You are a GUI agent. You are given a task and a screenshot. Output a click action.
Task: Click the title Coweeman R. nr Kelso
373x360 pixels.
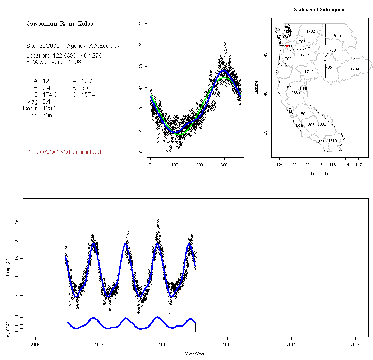[60, 24]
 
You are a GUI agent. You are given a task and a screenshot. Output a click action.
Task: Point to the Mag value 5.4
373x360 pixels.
[46, 101]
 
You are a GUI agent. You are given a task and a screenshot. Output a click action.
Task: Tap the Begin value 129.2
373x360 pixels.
[50, 108]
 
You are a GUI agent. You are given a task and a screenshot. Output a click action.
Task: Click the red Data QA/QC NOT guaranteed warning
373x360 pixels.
[64, 152]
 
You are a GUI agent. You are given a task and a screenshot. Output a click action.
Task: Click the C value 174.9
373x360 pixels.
[50, 95]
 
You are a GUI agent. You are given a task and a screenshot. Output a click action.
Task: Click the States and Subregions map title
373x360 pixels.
[319, 10]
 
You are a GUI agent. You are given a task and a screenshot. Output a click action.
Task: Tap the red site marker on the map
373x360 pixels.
[287, 46]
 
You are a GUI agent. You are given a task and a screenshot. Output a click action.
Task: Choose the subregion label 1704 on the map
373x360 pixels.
[355, 69]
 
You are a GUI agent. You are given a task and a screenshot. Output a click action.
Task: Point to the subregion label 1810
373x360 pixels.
[332, 141]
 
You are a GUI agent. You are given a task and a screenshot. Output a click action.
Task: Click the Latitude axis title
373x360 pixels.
[256, 87]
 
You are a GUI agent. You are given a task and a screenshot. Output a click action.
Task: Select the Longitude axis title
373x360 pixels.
[319, 174]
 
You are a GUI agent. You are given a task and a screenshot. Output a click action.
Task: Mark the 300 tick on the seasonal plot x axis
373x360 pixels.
[224, 165]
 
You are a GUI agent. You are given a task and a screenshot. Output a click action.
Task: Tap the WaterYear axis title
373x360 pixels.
[195, 354]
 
